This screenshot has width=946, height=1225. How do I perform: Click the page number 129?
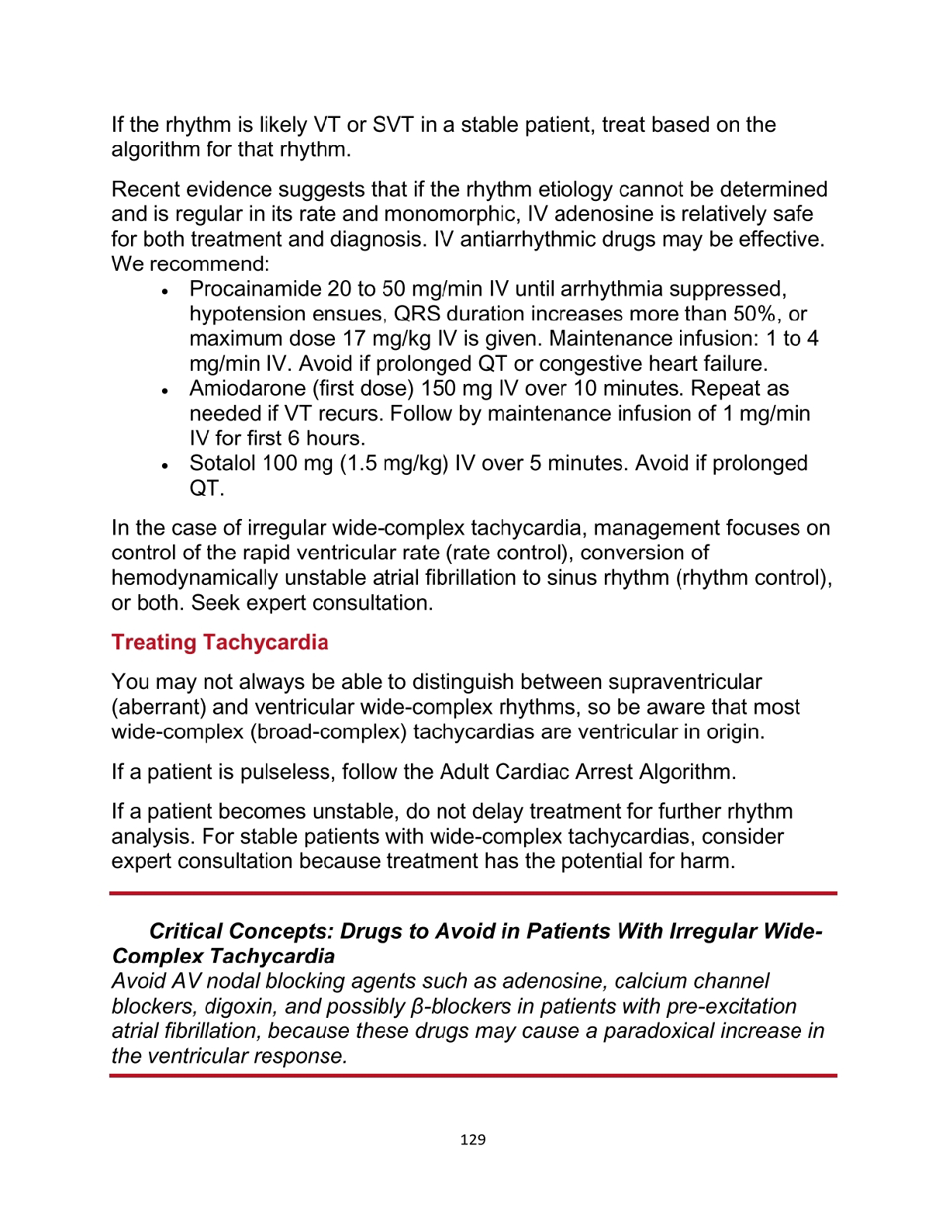point(472,1139)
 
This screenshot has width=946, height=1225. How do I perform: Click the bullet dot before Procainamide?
point(164,292)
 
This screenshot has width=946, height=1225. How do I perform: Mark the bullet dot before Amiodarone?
point(164,391)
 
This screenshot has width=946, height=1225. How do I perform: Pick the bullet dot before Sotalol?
point(164,466)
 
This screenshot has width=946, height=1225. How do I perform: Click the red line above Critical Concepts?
point(473,894)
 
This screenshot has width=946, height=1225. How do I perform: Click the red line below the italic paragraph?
point(473,1075)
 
